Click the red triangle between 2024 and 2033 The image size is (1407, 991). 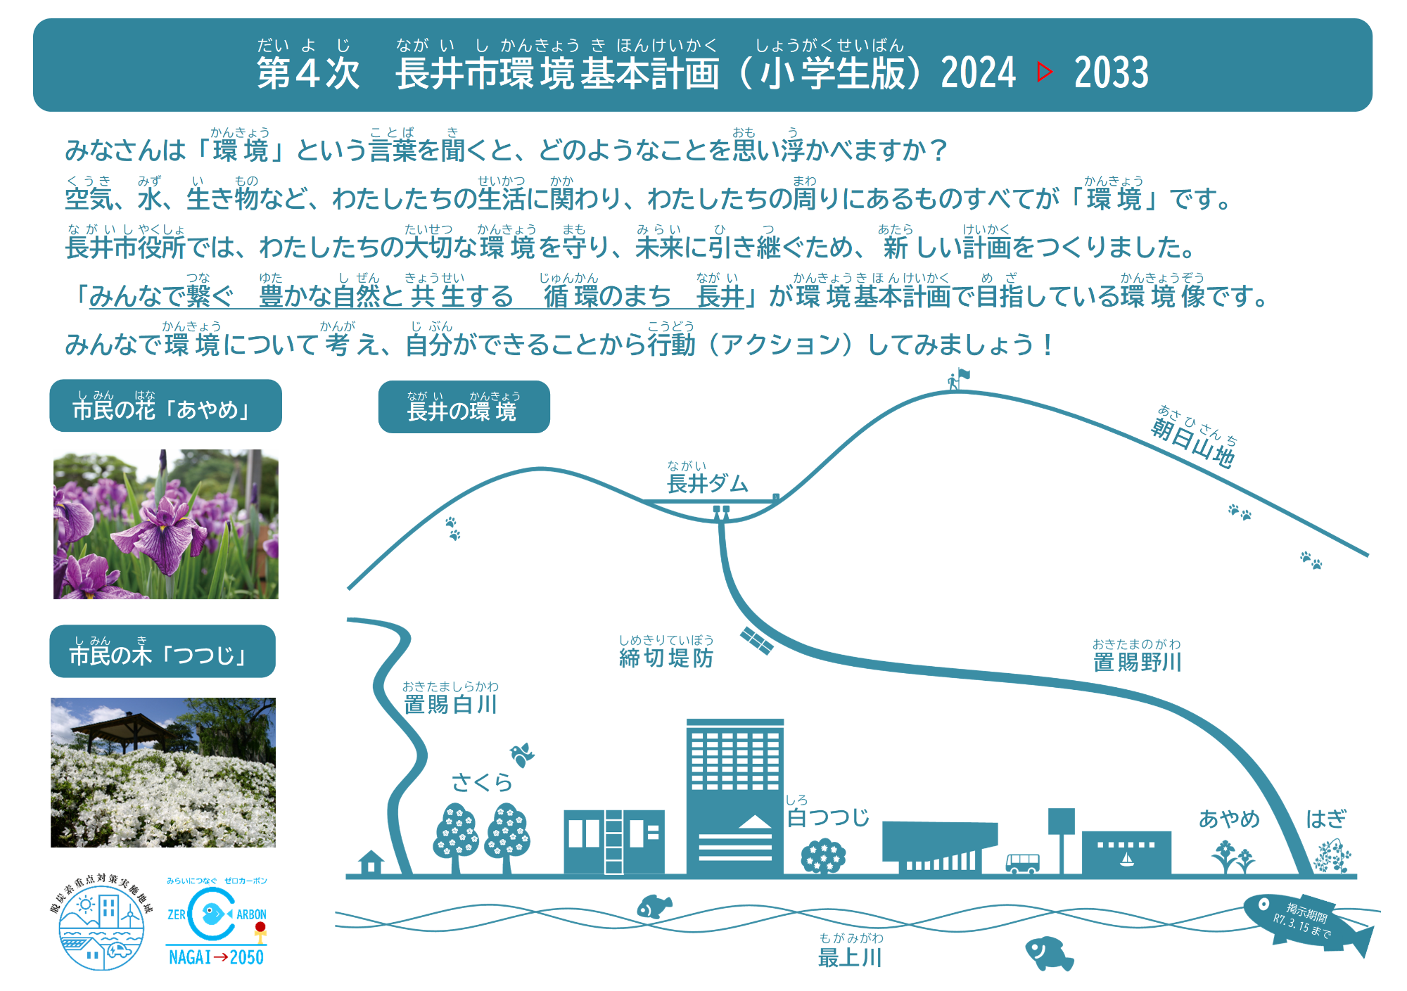pos(1045,72)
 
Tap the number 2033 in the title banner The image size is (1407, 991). pos(1111,72)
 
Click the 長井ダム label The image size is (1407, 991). pos(707,483)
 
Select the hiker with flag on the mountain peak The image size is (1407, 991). pos(957,379)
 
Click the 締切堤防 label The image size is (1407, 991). pos(666,658)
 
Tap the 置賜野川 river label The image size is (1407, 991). pos(1137,662)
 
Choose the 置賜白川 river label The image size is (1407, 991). pos(450,703)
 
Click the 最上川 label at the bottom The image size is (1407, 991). pos(850,957)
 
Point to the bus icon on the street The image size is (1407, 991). pos(1022,863)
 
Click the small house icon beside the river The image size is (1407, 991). pos(371,862)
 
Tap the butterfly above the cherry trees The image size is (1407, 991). pos(522,755)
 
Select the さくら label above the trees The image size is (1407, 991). pos(482,782)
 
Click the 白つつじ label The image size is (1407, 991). pos(828,817)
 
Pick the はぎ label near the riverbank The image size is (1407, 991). pos(1326,819)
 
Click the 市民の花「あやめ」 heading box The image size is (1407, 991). pos(165,406)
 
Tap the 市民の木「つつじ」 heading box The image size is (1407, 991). pos(163,651)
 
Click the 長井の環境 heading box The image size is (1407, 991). pos(464,407)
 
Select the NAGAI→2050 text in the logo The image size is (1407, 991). pos(216,957)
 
